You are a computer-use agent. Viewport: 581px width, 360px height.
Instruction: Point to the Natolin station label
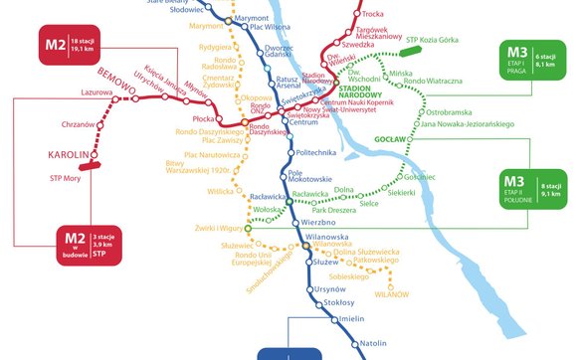pos(373,342)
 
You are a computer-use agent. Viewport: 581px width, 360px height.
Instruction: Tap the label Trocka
pos(373,14)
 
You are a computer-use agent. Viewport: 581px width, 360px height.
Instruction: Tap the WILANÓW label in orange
pos(391,294)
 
